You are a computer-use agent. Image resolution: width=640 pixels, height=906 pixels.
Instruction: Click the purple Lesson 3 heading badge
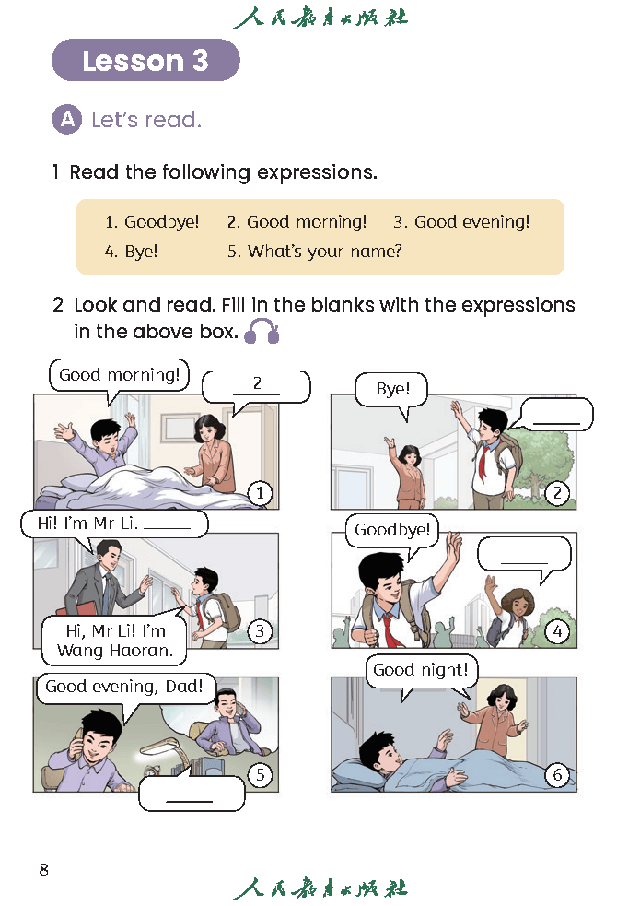pos(145,60)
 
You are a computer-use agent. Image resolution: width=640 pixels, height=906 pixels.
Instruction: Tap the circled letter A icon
pos(67,120)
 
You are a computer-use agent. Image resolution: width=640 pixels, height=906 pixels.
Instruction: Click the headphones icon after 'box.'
pos(262,331)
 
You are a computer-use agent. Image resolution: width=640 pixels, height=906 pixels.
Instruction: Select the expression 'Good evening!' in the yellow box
pos(461,222)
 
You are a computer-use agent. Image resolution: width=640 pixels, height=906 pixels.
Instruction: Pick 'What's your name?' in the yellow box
pos(315,252)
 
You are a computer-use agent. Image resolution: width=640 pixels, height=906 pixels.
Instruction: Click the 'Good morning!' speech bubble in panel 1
pos(119,375)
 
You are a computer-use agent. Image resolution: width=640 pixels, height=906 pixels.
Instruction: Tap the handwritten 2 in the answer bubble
pos(258,383)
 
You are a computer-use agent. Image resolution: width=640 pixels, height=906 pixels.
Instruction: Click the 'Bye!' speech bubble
pos(392,390)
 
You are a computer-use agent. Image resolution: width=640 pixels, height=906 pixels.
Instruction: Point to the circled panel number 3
pos(260,631)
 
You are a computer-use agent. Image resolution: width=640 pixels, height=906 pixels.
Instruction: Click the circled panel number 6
pos(557,774)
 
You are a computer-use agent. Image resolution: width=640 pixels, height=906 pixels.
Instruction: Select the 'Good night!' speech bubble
pos(421,671)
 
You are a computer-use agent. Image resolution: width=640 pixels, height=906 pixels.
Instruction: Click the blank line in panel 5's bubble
pos(190,802)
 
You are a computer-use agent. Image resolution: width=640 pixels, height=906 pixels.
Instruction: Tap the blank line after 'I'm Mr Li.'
pos(167,528)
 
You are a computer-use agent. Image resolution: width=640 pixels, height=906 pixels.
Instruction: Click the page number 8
pos(44,870)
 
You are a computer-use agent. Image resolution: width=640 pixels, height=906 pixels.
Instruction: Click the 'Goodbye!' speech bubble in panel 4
pos(392,531)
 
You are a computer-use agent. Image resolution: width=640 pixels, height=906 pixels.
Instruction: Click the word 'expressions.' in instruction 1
pos(317,172)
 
